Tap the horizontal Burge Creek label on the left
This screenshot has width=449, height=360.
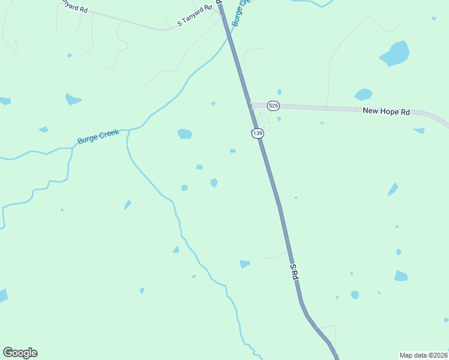pos(98,137)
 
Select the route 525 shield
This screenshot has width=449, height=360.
pos(273,106)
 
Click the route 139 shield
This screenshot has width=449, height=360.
pos(258,133)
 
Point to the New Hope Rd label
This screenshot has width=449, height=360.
pos(386,111)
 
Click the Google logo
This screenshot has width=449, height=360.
pos(20,353)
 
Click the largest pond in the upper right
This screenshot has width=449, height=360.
pos(395,53)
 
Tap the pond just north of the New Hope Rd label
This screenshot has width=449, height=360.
pos(363,94)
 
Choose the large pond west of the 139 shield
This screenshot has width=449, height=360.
pos(185,134)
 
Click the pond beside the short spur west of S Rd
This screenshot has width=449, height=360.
pos(244,263)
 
